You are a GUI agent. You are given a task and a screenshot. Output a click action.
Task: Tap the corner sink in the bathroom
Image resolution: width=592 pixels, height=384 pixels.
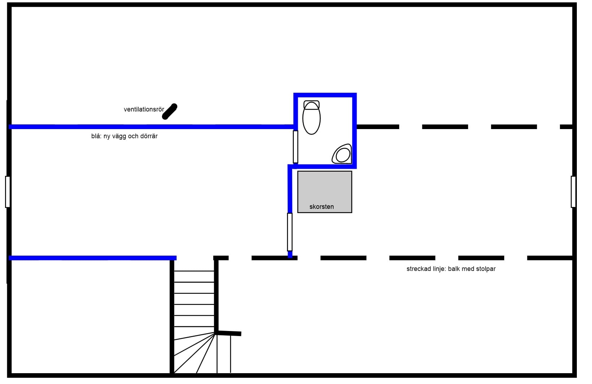tap(342, 154)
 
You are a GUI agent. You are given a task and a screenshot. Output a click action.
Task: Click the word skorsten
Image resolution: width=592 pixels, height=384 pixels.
tap(321, 207)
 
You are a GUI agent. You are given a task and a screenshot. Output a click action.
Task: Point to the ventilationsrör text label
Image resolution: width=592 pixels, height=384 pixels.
tap(144, 109)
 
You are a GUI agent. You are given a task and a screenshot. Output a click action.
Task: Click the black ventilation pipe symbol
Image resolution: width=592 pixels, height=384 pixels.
tap(170, 111)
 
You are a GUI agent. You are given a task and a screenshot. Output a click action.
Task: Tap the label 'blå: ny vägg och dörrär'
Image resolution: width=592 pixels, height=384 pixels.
tap(124, 136)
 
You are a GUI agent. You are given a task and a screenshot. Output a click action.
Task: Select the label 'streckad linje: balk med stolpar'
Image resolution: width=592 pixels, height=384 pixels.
tap(451, 269)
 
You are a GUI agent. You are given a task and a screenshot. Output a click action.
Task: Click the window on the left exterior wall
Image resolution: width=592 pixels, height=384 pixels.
tap(8, 191)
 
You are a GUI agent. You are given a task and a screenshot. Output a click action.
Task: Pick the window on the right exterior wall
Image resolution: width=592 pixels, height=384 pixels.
tap(573, 191)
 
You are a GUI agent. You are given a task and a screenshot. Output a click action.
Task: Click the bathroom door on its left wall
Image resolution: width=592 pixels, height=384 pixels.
tap(295, 147)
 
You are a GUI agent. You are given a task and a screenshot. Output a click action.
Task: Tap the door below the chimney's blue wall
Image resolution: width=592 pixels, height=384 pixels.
tap(290, 232)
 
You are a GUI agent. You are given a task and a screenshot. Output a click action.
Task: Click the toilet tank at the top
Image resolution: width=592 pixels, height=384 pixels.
tap(311, 104)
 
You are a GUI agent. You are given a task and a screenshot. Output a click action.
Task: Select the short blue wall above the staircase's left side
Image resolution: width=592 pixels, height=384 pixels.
tap(92, 258)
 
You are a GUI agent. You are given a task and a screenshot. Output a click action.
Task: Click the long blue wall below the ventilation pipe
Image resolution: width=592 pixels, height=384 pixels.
tap(152, 127)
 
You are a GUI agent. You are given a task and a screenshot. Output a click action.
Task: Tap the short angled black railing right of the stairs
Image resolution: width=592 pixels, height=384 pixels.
tap(229, 333)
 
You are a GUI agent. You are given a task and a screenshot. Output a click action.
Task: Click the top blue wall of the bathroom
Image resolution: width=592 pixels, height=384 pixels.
tap(325, 95)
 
